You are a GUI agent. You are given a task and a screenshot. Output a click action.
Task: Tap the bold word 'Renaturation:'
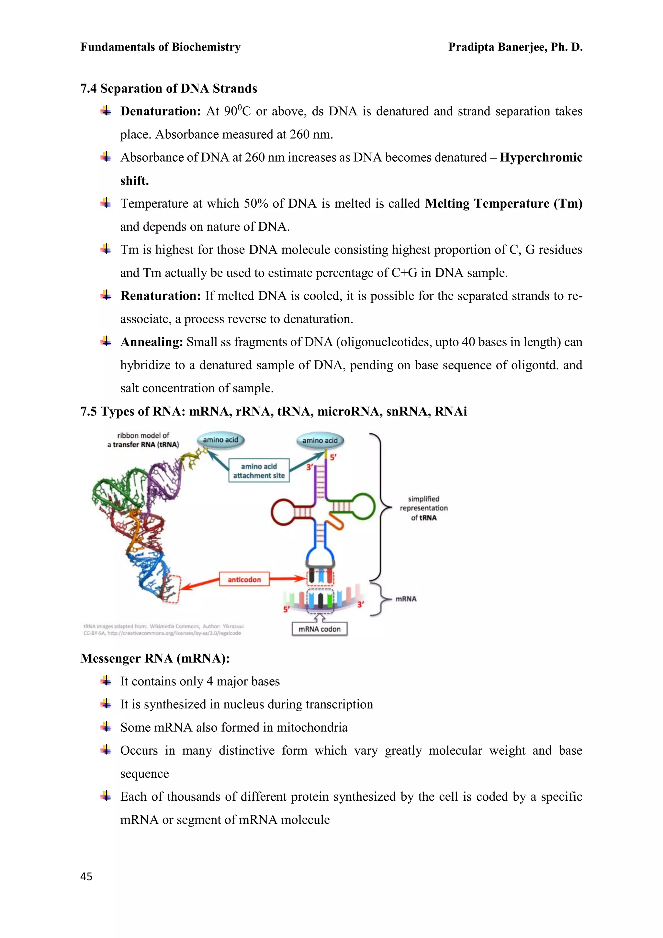coord(160,296)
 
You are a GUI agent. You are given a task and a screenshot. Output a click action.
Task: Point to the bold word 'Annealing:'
coord(152,342)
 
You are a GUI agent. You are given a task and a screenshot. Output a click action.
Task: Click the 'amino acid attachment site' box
coord(259,471)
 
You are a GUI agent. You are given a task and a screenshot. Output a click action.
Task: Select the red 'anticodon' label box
coord(244,579)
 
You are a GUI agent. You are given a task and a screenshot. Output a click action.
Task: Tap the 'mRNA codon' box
coord(319,629)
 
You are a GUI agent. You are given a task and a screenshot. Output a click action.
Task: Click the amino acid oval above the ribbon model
coord(220,440)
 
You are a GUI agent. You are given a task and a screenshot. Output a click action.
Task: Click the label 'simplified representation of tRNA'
coord(423,508)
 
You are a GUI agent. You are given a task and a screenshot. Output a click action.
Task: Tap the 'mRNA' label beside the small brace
coord(406,599)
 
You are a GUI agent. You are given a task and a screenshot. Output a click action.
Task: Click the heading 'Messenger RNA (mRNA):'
coord(155,658)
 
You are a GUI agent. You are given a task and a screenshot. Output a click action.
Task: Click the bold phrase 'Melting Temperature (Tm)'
coord(503,203)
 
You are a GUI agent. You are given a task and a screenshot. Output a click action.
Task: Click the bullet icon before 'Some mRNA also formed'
coord(106,727)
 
